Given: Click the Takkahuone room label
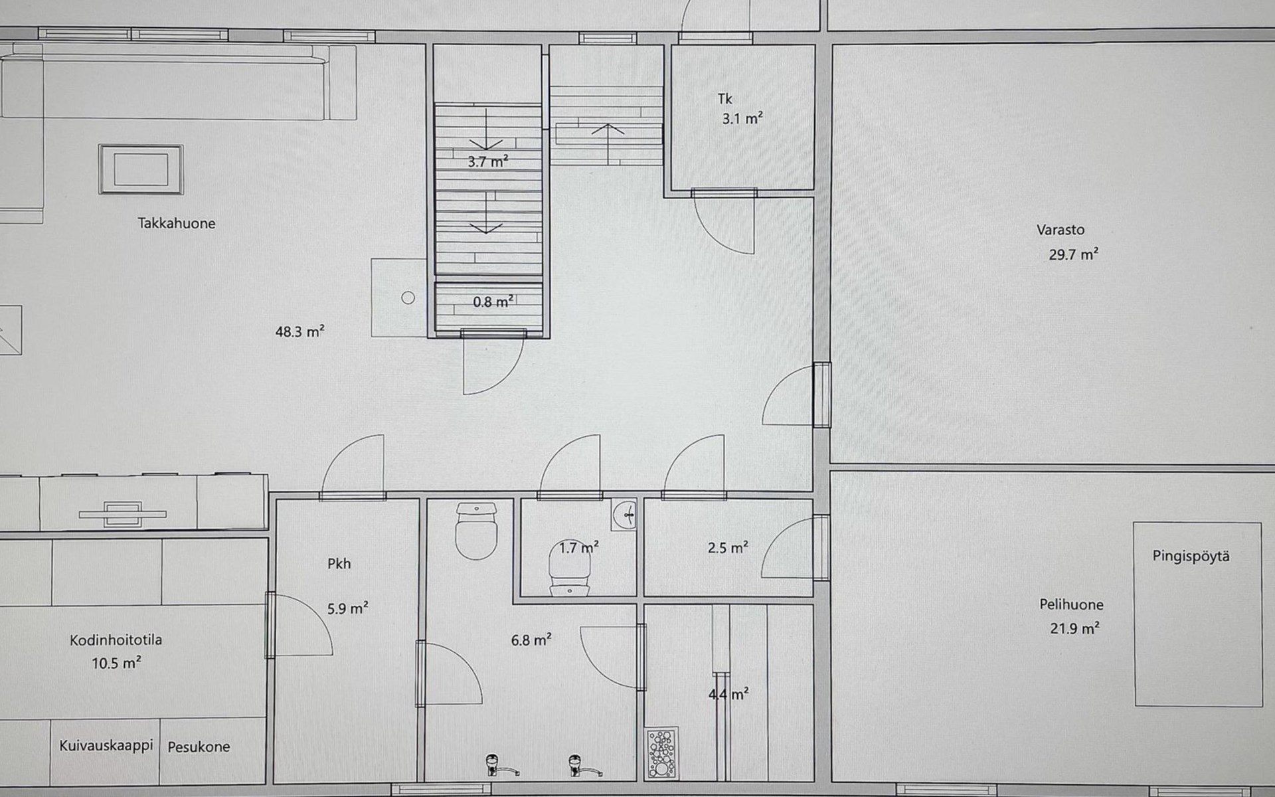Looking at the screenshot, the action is pyautogui.click(x=177, y=223).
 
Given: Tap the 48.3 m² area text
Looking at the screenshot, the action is pyautogui.click(x=299, y=331).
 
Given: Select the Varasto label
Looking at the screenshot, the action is pyautogui.click(x=1061, y=230).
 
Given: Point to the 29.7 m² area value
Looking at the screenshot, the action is pyautogui.click(x=1073, y=254).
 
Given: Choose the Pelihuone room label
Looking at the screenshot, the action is pyautogui.click(x=1071, y=604).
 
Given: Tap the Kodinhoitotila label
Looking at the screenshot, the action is pyautogui.click(x=116, y=640).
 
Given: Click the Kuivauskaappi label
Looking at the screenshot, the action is pyautogui.click(x=106, y=746).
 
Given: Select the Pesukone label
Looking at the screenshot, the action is pyautogui.click(x=199, y=747).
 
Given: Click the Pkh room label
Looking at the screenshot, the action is pyautogui.click(x=339, y=564).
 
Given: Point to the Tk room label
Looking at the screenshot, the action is pyautogui.click(x=724, y=99).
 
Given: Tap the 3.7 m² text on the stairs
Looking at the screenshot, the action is pyautogui.click(x=488, y=161).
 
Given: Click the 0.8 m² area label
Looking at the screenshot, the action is pyautogui.click(x=493, y=302).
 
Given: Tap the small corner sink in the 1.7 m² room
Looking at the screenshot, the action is pyautogui.click(x=624, y=513).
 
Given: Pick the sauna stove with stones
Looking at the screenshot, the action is pyautogui.click(x=661, y=753).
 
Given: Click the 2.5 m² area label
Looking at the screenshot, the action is pyautogui.click(x=728, y=548).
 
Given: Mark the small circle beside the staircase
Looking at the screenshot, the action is pyautogui.click(x=408, y=298).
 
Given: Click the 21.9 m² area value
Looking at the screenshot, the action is pyautogui.click(x=1074, y=628).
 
